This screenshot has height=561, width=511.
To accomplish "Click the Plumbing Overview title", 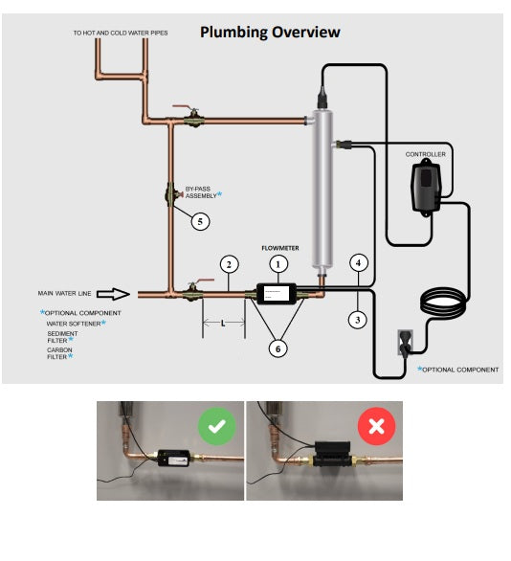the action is click(270, 33).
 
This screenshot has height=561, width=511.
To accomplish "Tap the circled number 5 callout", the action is click(200, 221).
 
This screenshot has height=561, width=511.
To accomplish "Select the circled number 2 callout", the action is click(229, 264).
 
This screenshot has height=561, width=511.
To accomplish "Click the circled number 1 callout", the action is click(278, 264).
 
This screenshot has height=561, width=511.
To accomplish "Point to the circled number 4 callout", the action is click(358, 263).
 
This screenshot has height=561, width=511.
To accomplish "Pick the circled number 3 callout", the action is click(358, 320).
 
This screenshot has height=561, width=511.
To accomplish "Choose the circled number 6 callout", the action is click(278, 348).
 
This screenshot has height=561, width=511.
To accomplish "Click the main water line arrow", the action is click(113, 294).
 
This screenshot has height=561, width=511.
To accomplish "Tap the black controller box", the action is click(426, 188).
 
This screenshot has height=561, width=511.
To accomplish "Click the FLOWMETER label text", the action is click(280, 248).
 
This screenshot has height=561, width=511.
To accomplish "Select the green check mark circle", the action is click(216, 426).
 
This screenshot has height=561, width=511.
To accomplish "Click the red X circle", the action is click(376, 426).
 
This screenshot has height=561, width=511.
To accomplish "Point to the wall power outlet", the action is click(405, 343).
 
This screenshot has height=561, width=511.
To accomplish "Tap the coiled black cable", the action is click(444, 300).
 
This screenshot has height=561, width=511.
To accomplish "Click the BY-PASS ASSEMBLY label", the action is click(201, 192).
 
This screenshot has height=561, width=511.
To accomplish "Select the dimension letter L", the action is click(223, 324).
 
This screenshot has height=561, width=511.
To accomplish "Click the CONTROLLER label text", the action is click(426, 154).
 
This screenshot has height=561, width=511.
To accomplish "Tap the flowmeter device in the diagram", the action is click(277, 294).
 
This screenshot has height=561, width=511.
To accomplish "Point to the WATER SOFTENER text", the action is click(74, 324).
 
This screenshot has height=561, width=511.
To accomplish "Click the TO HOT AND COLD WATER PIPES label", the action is click(121, 33).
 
